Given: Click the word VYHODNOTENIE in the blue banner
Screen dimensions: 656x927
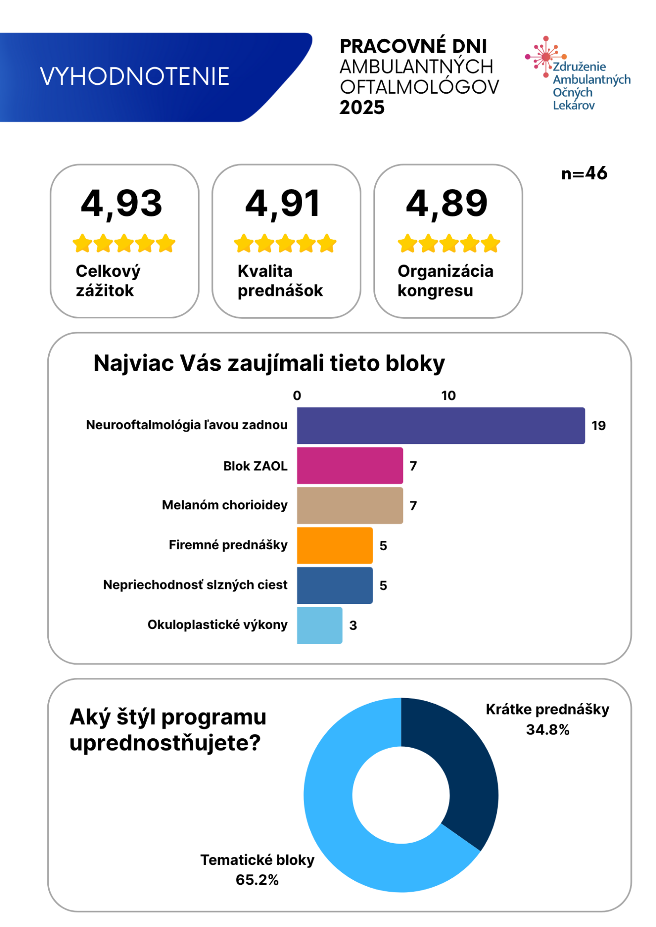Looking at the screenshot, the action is click(x=134, y=76).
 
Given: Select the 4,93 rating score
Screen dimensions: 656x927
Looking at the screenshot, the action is click(x=122, y=204).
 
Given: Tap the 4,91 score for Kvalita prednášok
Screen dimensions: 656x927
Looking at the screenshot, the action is click(x=283, y=204).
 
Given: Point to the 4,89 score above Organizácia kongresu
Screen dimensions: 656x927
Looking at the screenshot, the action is click(x=447, y=204).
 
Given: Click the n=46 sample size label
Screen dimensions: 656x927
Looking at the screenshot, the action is click(x=584, y=173).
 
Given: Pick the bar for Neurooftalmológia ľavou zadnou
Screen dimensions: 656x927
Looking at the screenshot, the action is click(x=441, y=426).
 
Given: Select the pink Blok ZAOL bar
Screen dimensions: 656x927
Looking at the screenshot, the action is click(x=350, y=465).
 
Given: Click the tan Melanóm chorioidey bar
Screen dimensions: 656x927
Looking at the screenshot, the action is click(x=350, y=506).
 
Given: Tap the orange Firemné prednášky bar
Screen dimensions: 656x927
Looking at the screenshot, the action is click(x=335, y=545).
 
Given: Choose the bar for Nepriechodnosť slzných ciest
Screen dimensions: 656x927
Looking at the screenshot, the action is click(x=335, y=585).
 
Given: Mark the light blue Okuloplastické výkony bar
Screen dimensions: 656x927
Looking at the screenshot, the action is click(x=320, y=625).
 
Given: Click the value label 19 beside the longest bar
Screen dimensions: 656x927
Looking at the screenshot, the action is click(x=599, y=426).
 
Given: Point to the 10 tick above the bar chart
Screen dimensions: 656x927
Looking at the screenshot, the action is click(x=448, y=396).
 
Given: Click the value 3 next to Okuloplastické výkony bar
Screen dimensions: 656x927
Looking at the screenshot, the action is click(x=353, y=625).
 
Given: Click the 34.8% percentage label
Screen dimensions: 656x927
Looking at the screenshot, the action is click(x=548, y=729).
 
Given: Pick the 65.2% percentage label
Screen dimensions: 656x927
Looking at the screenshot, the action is click(x=257, y=880).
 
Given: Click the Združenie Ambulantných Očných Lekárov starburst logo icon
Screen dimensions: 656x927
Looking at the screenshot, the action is click(x=546, y=57).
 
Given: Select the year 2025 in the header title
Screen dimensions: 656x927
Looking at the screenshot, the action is click(x=362, y=108).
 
